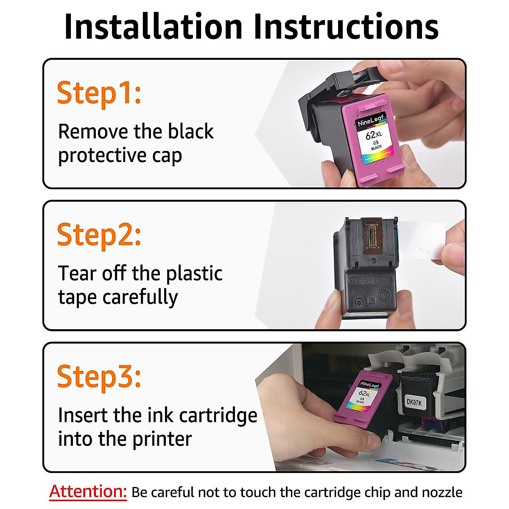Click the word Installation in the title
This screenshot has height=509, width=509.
[153, 27]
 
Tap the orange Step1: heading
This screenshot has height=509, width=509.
[99, 93]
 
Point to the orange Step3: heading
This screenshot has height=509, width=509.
[99, 376]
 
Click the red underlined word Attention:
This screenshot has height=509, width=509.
[88, 492]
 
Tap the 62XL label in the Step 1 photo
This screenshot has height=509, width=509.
[374, 135]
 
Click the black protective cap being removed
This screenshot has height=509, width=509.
[322, 98]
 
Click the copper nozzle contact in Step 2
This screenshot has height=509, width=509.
[372, 235]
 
